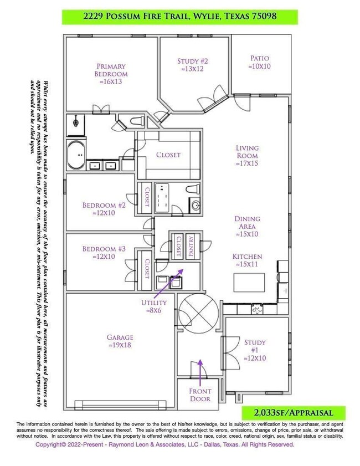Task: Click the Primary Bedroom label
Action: (112, 73)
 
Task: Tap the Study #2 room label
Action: (192, 65)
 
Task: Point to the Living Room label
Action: (247, 156)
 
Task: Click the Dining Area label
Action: (247, 226)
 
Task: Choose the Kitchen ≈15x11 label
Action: (247, 261)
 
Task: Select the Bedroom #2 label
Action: (104, 209)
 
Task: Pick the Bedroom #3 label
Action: (104, 253)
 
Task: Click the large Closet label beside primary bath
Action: (168, 155)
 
